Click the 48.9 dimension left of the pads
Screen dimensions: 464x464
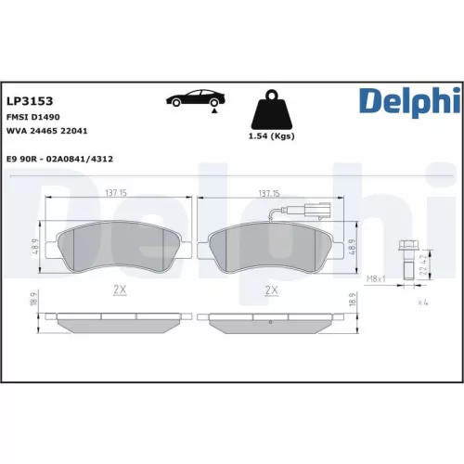[x=35, y=246]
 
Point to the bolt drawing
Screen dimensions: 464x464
[x=405, y=262]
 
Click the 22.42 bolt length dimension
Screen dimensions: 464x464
[x=423, y=267]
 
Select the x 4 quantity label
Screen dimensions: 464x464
[x=421, y=303]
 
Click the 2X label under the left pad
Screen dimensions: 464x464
[x=120, y=290]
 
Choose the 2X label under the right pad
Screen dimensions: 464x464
[x=271, y=290]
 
